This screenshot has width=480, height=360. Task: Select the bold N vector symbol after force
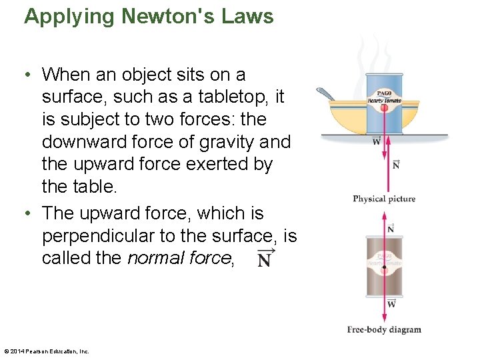click(x=265, y=259)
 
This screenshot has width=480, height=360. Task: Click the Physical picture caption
click(x=383, y=199)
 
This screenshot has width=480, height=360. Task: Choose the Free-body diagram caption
click(x=384, y=329)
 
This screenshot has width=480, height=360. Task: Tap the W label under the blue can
click(x=377, y=141)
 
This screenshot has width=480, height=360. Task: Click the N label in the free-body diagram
click(x=391, y=229)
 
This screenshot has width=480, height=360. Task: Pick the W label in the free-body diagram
click(x=391, y=304)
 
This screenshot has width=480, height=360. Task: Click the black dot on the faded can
click(x=383, y=273)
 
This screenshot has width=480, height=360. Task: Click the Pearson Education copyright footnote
click(x=46, y=351)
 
